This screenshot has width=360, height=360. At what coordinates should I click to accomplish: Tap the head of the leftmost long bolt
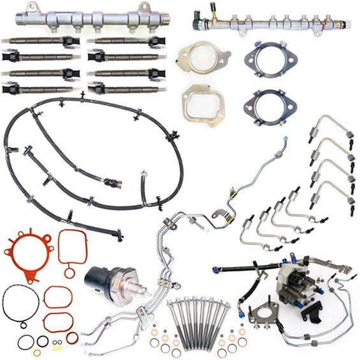coord(172,304)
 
